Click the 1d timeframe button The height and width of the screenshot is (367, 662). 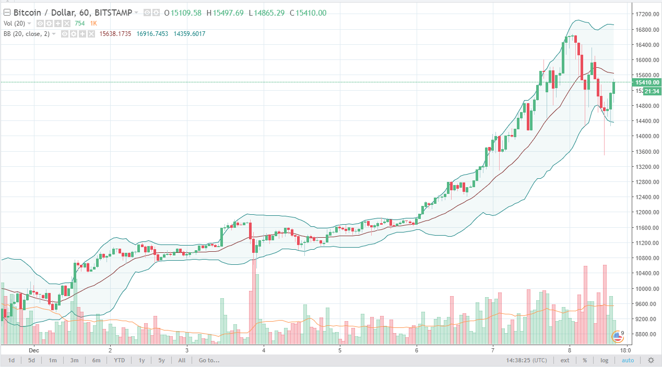[11, 360]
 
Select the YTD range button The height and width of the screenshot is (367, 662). [120, 360]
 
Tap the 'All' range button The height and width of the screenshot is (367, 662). [182, 360]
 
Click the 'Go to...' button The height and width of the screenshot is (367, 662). [209, 360]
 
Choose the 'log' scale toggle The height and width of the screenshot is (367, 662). [605, 360]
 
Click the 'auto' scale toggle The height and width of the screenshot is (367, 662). [627, 360]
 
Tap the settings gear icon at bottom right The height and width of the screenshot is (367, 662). [651, 360]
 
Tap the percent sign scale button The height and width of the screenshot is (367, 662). [585, 360]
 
